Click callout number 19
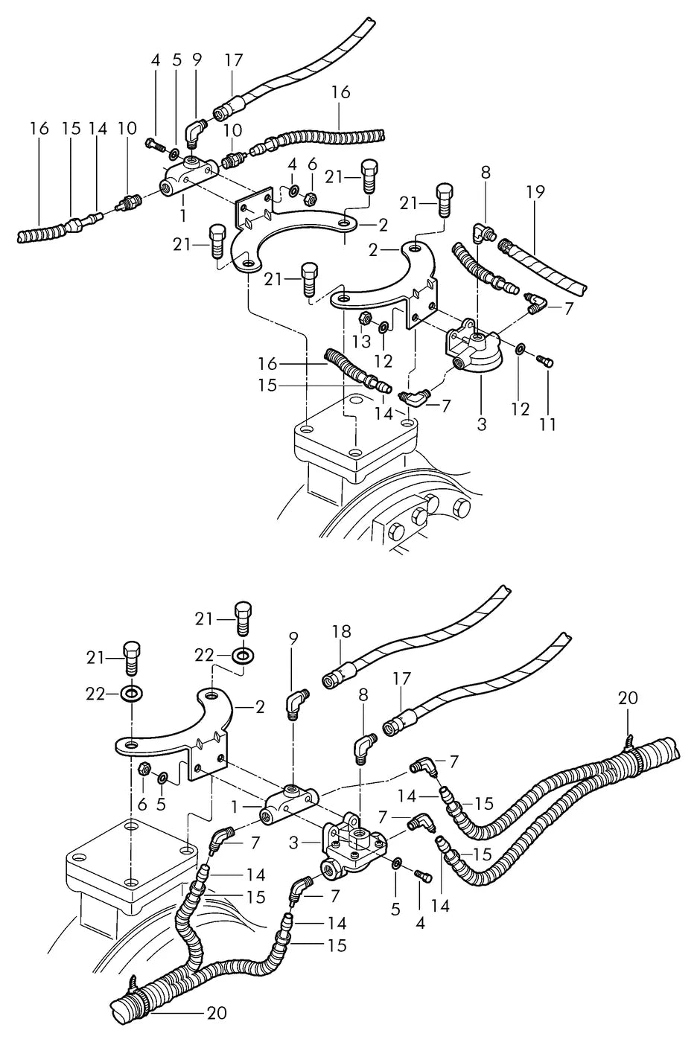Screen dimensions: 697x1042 pyautogui.click(x=535, y=192)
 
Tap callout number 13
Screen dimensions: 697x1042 pyautogui.click(x=361, y=342)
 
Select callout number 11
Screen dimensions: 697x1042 pyautogui.click(x=547, y=424)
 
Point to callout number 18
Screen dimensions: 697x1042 pyautogui.click(x=342, y=632)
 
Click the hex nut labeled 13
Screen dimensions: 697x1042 pyautogui.click(x=364, y=319)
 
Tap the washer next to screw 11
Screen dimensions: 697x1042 pyautogui.click(x=520, y=348)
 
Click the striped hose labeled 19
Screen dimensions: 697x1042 pyautogui.click(x=541, y=266)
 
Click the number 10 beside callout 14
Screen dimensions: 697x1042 pyautogui.click(x=127, y=129)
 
